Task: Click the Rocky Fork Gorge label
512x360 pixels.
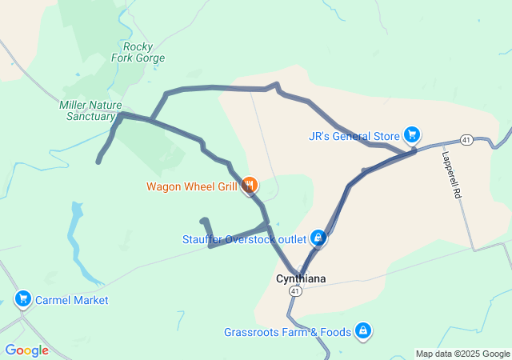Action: pos(144,52)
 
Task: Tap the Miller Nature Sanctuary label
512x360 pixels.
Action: pos(87,110)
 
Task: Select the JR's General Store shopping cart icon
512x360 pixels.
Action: pos(412,134)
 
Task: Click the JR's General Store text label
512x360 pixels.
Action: pos(354,135)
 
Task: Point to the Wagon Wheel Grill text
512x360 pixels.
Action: pos(191,186)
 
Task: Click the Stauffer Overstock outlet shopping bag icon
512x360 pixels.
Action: pos(318,238)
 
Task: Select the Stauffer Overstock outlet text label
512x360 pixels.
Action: pos(244,238)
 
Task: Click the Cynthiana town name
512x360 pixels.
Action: pos(300,279)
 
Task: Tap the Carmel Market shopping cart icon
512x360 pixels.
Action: pos(22,300)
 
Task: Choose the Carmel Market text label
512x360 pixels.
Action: pos(72,300)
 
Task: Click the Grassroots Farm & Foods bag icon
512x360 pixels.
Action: pos(363,330)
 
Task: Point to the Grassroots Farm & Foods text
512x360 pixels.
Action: pos(288,331)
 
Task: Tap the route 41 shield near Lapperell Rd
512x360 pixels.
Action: pos(466,140)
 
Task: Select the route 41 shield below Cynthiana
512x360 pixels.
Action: pos(296,293)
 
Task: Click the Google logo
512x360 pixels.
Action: pos(26,350)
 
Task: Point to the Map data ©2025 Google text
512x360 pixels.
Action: pos(462,354)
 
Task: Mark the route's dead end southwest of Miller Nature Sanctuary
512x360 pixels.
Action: pos(98,162)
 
